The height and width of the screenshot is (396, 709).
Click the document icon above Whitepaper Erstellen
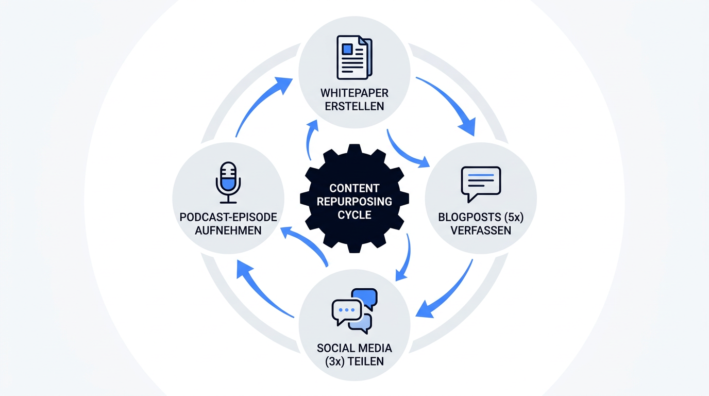coord(354,57)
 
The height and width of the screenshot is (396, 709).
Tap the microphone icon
coord(228,183)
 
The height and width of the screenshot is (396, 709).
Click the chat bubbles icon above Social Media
coord(354,311)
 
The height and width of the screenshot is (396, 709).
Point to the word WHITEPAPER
coord(354,93)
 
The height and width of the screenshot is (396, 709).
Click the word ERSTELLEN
coord(354,106)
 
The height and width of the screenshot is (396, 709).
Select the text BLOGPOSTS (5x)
coord(481,217)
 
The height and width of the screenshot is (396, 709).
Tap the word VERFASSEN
coord(481,230)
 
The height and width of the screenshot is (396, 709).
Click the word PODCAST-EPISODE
coord(228,217)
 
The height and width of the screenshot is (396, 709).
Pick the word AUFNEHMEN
coord(228,230)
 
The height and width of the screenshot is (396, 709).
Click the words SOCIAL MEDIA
coord(354,348)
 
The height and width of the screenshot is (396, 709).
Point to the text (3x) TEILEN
coord(354,361)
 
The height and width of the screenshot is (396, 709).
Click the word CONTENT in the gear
coord(354,188)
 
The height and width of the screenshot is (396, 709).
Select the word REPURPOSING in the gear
coord(354,202)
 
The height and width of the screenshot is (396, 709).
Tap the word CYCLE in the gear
coord(354,215)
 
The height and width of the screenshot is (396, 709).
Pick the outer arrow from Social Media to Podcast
coord(260,292)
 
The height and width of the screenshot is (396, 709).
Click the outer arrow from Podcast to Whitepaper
coord(258,102)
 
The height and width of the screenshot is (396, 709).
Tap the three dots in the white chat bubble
coord(347,310)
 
